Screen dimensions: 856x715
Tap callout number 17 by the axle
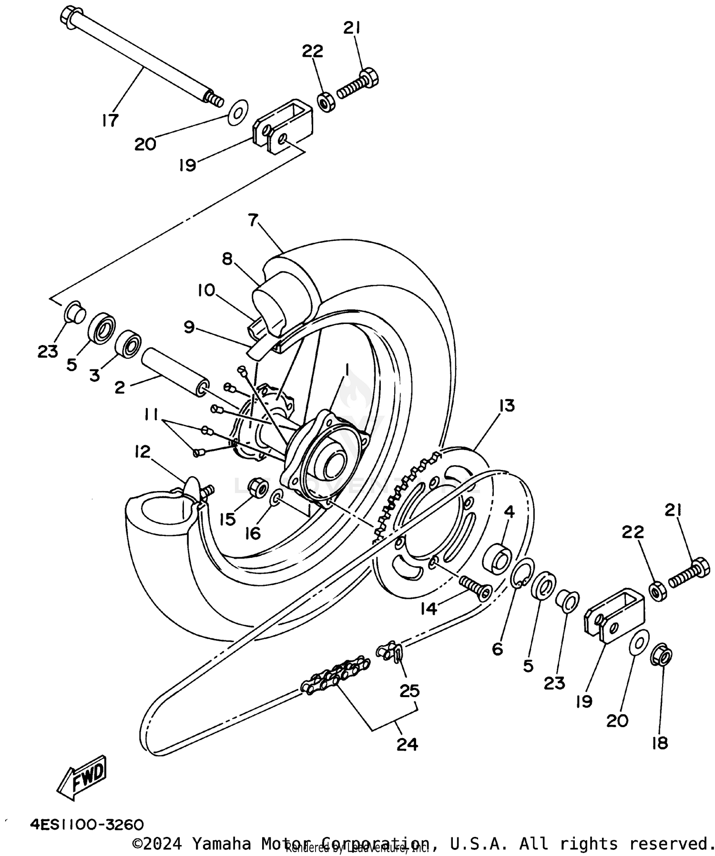pyautogui.click(x=110, y=120)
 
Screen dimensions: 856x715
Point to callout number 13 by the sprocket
pyautogui.click(x=507, y=406)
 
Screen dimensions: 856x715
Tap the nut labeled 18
pyautogui.click(x=662, y=657)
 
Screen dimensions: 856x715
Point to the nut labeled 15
pyautogui.click(x=259, y=487)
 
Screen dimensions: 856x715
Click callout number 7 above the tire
pyautogui.click(x=253, y=220)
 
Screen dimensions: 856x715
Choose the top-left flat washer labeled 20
pyautogui.click(x=238, y=113)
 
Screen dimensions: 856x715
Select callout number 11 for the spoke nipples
pyautogui.click(x=152, y=416)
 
